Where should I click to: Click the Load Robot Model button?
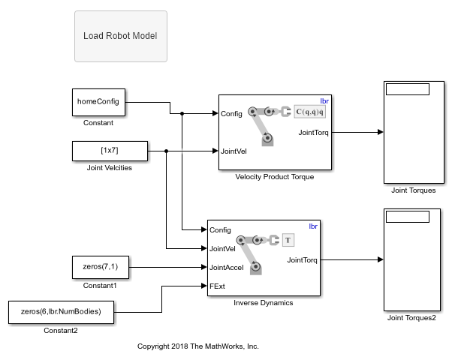tap(121, 36)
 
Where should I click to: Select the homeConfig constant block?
tap(98, 102)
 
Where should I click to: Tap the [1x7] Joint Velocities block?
tap(110, 151)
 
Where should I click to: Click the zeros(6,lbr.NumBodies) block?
tap(61, 312)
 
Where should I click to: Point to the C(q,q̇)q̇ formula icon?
tap(309, 112)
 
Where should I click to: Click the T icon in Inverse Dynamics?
tap(288, 240)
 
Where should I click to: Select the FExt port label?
tap(217, 286)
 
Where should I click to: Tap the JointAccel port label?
tap(226, 268)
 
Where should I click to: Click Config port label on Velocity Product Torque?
tap(231, 114)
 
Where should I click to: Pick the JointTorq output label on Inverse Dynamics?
tap(302, 260)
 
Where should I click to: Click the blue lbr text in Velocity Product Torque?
tap(324, 101)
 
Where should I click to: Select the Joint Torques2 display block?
tap(412, 259)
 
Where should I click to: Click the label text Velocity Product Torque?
tap(275, 177)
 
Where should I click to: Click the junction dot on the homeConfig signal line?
tap(182, 114)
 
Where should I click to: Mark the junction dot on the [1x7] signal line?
tap(167, 151)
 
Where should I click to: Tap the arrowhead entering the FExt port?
tap(204, 286)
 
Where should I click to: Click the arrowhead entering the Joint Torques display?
tap(381, 132)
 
